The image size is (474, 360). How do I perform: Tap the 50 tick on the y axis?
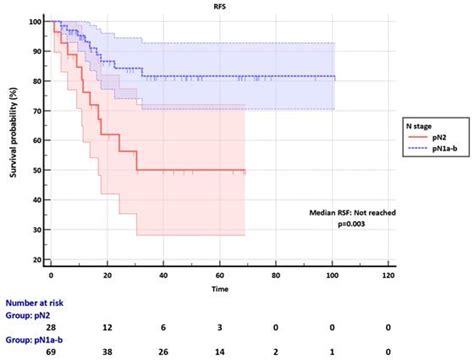pos(37,171)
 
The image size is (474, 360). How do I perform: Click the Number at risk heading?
pos(41,300)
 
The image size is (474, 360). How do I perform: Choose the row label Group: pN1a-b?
pos(39,340)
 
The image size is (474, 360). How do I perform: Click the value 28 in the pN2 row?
pos(51,326)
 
